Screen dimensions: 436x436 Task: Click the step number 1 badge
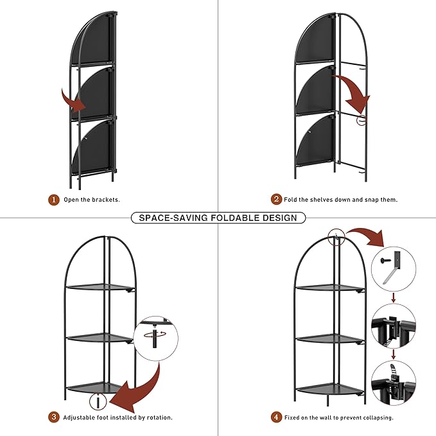(x=55, y=199)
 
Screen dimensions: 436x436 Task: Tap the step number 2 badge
(x=276, y=199)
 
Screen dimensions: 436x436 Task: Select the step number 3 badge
(x=55, y=417)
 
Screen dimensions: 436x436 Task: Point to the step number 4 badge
(x=276, y=417)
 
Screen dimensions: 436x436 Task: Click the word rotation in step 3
(x=155, y=418)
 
